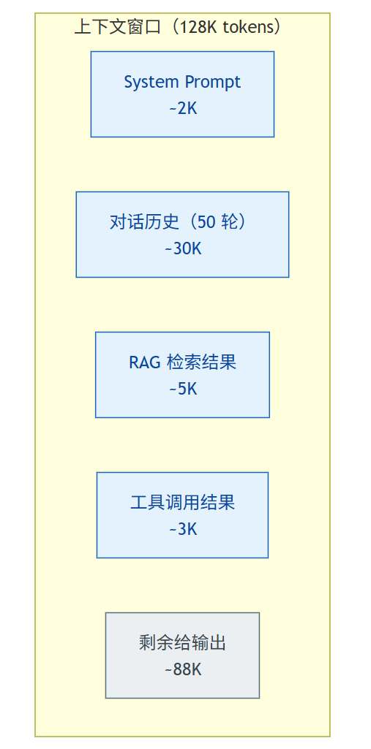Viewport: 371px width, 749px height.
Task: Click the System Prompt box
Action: pos(182,94)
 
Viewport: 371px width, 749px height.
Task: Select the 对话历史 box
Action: pos(182,235)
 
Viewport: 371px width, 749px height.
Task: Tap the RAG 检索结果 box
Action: pos(182,375)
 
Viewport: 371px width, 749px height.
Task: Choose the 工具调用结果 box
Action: pos(182,515)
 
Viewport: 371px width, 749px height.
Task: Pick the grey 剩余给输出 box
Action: pos(182,655)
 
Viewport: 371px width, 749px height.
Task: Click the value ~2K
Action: pos(183,108)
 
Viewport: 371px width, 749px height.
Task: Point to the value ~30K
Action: pos(183,249)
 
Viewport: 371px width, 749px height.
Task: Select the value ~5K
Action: pos(183,389)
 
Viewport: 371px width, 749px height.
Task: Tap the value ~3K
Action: pos(183,529)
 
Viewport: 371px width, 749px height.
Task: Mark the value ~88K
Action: pos(183,669)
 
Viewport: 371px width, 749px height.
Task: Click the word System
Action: pos(151,83)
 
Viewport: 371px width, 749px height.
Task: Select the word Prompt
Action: pos(213,83)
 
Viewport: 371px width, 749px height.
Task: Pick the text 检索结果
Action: pos(202,362)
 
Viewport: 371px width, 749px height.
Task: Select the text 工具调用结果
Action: pos(183,503)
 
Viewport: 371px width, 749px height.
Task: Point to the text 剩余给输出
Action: pos(183,643)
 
